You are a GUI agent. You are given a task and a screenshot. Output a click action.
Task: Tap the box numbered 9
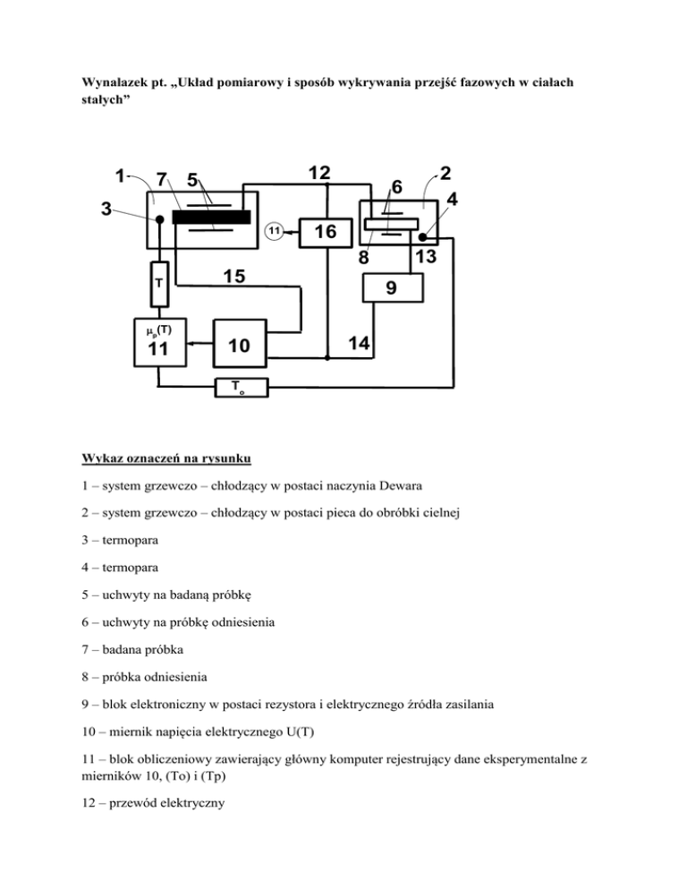coord(392,289)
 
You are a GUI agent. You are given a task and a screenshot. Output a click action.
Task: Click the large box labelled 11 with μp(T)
coord(158,341)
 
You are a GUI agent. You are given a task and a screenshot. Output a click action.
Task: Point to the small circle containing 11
coord(276,232)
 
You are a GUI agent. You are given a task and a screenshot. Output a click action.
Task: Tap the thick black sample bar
coord(211,218)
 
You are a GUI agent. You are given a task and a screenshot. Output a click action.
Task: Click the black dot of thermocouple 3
coord(159,218)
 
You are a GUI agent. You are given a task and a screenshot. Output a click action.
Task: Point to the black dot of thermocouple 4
coord(421,237)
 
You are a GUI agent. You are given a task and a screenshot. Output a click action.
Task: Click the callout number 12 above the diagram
coord(318,172)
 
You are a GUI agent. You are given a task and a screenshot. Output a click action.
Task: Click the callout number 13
coord(426,258)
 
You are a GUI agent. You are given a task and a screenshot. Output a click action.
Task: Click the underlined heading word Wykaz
coord(102,459)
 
